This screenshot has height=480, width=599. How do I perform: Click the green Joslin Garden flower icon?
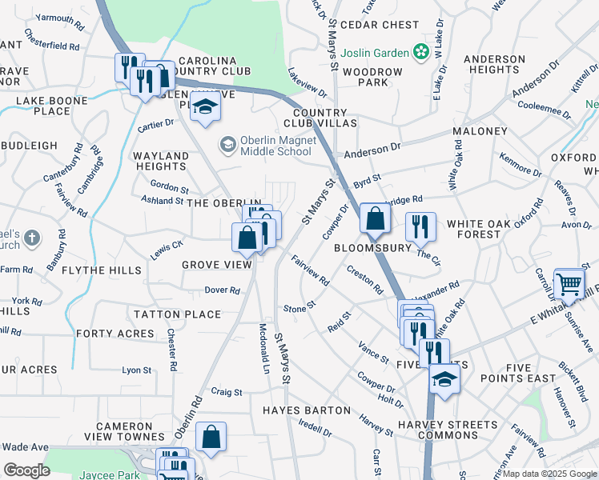pyautogui.click(x=419, y=52)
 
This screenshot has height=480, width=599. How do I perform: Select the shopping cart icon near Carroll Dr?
pyautogui.click(x=569, y=283)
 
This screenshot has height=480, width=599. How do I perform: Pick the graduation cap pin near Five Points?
pyautogui.click(x=444, y=380)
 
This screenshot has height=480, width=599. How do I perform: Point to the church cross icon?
pyautogui.click(x=31, y=238)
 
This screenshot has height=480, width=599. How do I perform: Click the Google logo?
pyautogui.click(x=26, y=470)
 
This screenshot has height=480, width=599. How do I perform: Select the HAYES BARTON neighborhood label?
pyautogui.click(x=307, y=410)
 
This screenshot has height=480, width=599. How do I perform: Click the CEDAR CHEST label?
pyautogui.click(x=380, y=25)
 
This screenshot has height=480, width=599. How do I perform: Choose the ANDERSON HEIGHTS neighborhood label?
pyautogui.click(x=494, y=65)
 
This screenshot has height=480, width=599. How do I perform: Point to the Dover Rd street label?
pyautogui.click(x=223, y=290)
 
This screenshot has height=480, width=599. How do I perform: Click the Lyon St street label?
pyautogui.click(x=136, y=370)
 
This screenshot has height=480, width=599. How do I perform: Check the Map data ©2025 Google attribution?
pyautogui.click(x=549, y=474)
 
